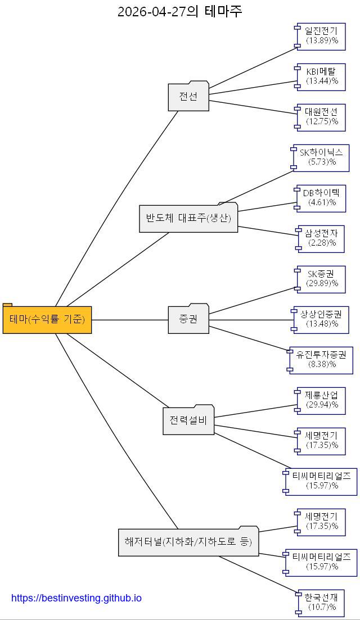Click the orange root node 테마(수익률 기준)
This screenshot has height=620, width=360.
pyautogui.click(x=47, y=319)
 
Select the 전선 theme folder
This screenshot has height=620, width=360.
pyautogui.click(x=188, y=96)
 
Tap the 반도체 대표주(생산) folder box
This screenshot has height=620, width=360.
pyautogui.click(x=188, y=218)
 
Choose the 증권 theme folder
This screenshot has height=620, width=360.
pyautogui.click(x=188, y=319)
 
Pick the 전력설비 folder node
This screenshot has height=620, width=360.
pyautogui.click(x=188, y=420)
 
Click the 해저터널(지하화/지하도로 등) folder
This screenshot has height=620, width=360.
pyautogui.click(x=188, y=541)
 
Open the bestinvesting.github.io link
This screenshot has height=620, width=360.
pyautogui.click(x=76, y=598)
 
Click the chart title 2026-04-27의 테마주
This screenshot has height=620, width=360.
pyautogui.click(x=179, y=11)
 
